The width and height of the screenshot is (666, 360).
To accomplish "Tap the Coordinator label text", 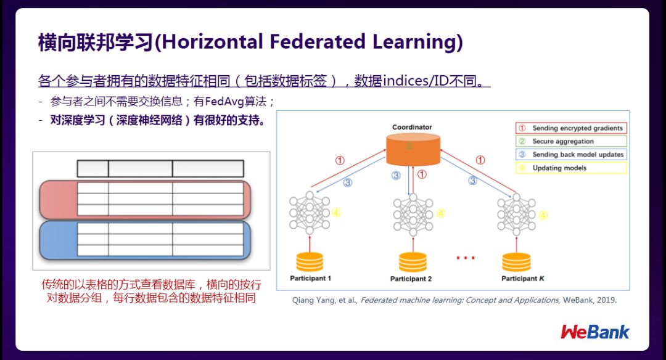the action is coord(413,128).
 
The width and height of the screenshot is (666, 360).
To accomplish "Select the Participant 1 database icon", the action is coord(310,261).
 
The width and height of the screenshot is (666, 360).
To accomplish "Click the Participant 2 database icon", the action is coord(412,262).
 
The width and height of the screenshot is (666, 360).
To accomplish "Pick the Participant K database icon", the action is coord(516,261).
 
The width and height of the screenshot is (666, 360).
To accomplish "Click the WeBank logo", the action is coord(595,332).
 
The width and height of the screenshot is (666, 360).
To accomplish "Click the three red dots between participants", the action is coord(465,258).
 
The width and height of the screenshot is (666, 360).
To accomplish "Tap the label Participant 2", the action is coord(411,279).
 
